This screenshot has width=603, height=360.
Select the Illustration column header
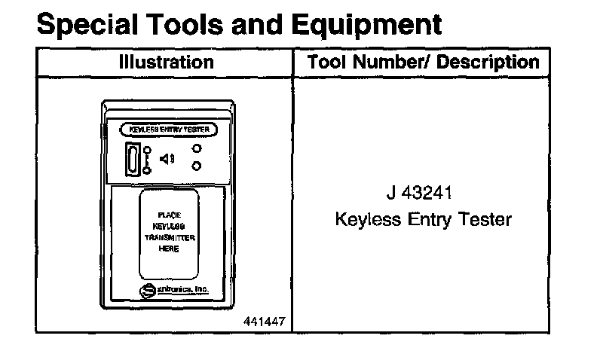[x=166, y=62]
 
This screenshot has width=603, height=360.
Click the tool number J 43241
[x=419, y=193]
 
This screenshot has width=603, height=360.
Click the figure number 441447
[x=264, y=322]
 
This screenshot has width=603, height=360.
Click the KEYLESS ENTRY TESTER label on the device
[x=169, y=130]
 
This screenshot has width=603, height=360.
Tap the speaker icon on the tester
[x=167, y=158]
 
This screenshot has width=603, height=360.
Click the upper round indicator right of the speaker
[x=197, y=149]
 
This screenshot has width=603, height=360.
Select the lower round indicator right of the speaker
[x=197, y=166]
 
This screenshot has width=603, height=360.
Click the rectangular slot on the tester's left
[x=133, y=159]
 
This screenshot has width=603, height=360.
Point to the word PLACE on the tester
[x=169, y=215]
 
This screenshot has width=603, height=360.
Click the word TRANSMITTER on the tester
[x=169, y=238]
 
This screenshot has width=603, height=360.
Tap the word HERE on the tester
[x=169, y=249]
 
